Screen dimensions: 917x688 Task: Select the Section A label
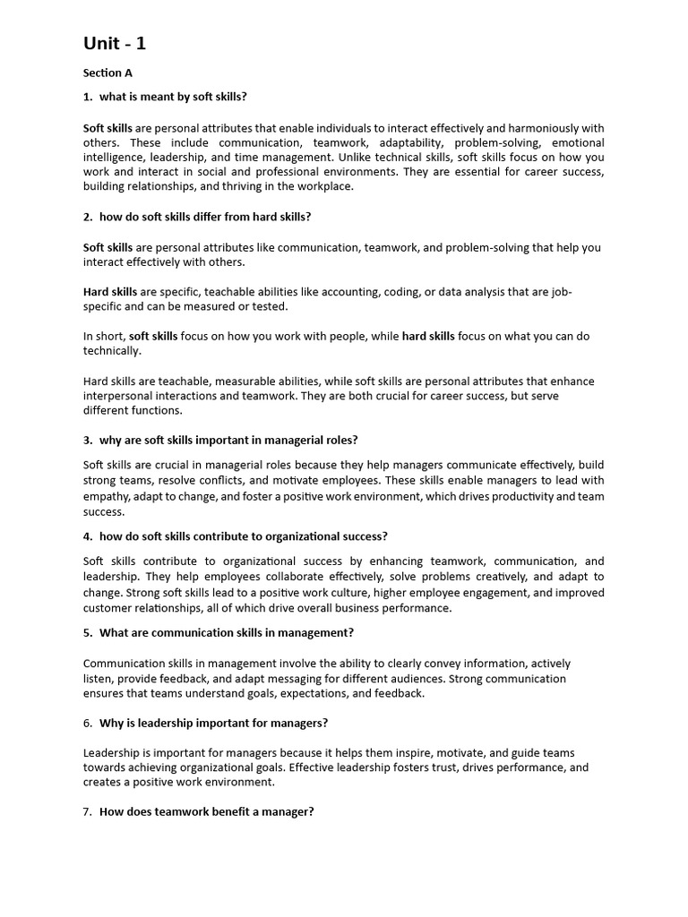tap(107, 73)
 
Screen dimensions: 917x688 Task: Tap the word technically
tap(112, 351)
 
